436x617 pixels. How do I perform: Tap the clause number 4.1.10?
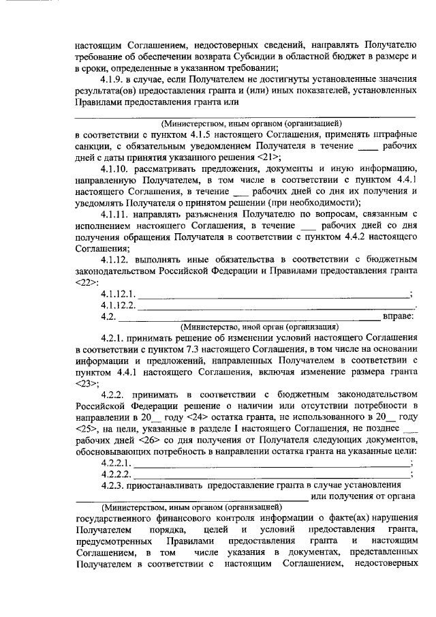pos(116,168)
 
